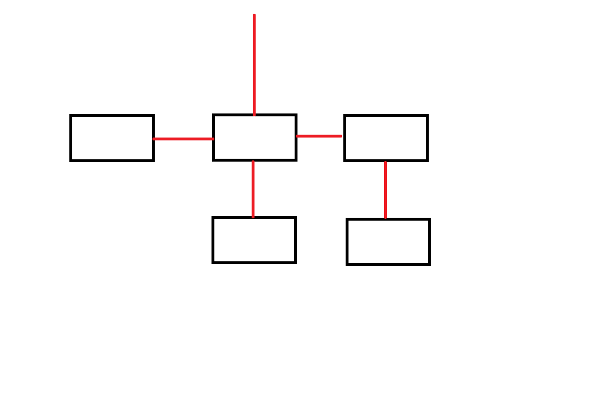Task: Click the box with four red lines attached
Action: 254,138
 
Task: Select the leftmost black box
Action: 112,138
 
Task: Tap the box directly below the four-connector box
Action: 254,240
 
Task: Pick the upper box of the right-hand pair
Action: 386,138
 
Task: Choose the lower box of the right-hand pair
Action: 388,242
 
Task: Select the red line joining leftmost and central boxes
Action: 183,139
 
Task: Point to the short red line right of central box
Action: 319,136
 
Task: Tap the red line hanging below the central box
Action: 253,189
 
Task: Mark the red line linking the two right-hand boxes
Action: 385,190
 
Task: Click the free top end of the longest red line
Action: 254,15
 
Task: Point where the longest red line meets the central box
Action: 254,115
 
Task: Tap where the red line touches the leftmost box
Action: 154,139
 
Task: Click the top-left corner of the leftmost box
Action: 71,116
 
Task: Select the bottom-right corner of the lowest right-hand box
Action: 429,264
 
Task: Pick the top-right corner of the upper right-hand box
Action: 427,116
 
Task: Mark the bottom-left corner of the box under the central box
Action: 213,262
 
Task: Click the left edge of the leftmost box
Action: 71,138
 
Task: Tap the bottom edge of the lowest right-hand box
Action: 388,264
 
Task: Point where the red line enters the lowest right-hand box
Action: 385,219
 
